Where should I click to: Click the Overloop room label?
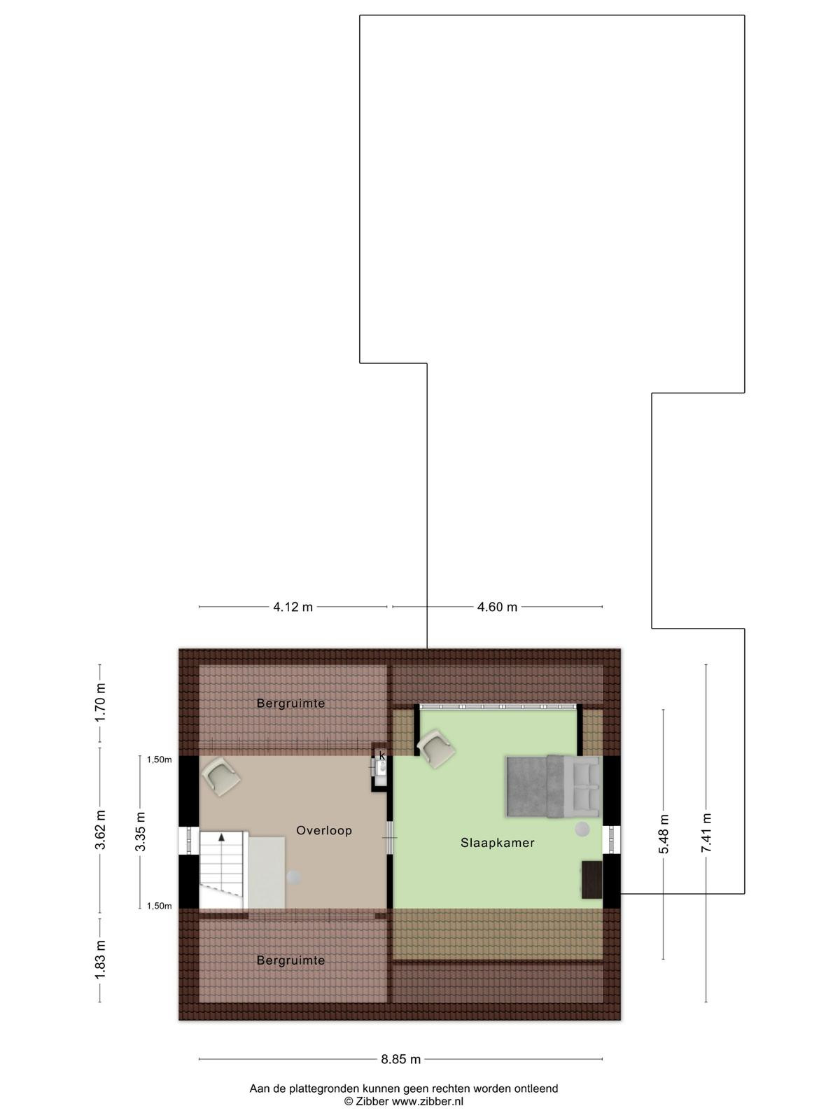324,831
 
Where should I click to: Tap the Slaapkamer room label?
497,843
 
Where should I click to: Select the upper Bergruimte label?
290,703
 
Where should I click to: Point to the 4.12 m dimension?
293,607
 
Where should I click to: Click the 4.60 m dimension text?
497,607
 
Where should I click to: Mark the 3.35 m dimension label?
140,832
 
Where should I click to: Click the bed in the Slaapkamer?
554,786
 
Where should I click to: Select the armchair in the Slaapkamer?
436,748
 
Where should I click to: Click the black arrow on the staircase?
221,837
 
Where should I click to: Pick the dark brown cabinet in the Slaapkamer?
591,879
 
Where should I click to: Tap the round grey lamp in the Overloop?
293,877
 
